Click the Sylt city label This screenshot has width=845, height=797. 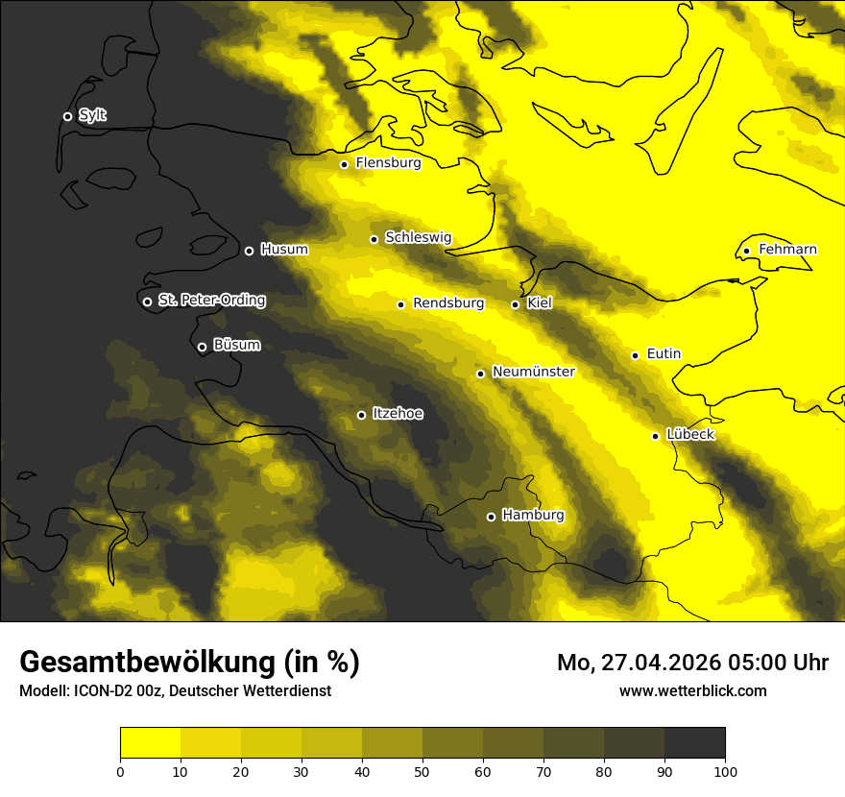(92, 115)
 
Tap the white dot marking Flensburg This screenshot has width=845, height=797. (344, 164)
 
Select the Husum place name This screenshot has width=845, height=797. (284, 250)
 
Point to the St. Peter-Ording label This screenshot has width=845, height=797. (211, 301)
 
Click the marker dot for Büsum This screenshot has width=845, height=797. (202, 348)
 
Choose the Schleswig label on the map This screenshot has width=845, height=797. (418, 237)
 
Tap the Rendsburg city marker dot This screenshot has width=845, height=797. (400, 304)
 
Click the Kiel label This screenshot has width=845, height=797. (540, 303)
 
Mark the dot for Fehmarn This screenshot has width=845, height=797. (746, 252)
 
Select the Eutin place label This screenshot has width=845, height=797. (664, 354)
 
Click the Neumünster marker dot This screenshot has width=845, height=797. (480, 374)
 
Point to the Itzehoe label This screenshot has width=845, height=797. (398, 414)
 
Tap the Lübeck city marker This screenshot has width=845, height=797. (656, 436)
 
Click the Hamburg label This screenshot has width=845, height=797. (533, 516)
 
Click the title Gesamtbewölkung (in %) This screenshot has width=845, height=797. (189, 662)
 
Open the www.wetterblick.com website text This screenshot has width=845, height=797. (692, 690)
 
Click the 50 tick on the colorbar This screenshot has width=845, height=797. (422, 771)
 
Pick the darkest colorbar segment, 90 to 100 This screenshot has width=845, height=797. (694, 743)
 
